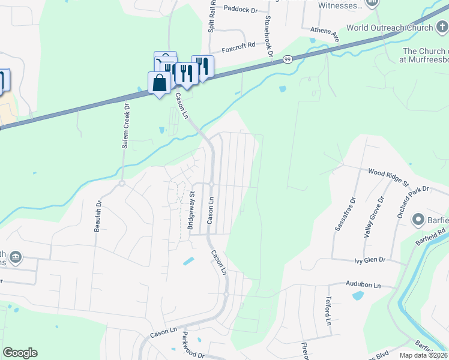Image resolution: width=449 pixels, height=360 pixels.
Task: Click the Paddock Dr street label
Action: click(240, 10)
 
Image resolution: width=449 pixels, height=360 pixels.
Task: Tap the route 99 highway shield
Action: click(288, 59)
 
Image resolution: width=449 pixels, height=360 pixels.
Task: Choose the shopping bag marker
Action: click(159, 83)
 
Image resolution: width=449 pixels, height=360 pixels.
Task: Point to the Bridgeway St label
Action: click(191, 211)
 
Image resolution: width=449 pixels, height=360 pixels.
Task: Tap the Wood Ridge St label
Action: click(388, 177)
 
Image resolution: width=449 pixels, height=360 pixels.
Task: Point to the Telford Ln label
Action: click(329, 311)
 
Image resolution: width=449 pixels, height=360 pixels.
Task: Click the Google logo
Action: click(20, 353)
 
